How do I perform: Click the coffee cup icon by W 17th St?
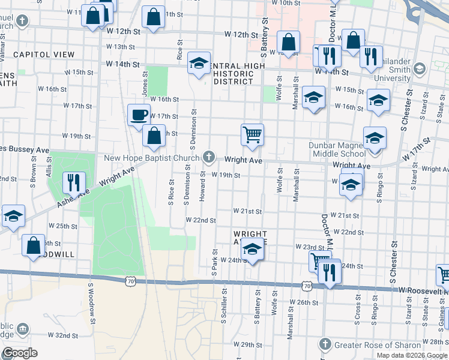coord(139,115)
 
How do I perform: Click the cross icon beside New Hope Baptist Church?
coord(209,158)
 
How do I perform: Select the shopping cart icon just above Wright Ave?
coord(253,134)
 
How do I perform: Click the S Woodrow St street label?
coord(92,301)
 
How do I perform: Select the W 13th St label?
coord(120,47)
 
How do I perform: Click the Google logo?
coord(19,353)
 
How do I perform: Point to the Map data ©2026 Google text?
coord(412,355)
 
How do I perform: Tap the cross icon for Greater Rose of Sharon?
coord(325,344)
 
